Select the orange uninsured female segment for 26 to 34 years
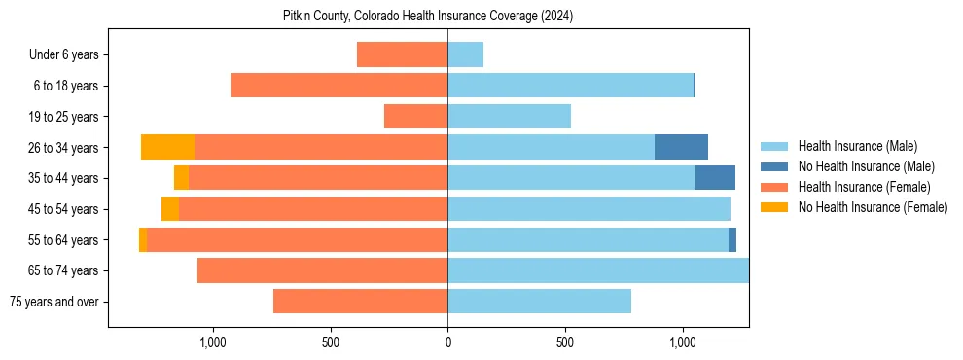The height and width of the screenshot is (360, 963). pos(167,147)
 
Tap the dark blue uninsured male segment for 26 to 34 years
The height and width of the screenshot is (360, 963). pos(681,147)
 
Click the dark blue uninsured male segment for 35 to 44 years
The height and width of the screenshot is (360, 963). pos(715,178)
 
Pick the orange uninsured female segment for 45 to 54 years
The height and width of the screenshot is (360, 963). pos(170,209)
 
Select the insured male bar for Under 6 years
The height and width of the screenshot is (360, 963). pos(465,54)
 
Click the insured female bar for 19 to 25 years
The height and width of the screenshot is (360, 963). pos(415,117)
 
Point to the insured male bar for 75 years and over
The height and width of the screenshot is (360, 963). pos(539,302)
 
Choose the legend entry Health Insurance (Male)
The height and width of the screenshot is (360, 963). pos(857,147)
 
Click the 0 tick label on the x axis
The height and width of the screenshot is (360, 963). pos(447,342)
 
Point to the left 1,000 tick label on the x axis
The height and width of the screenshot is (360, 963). pos(212,342)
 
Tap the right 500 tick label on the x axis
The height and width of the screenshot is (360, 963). pos(565,342)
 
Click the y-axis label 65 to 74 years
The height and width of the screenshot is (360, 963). pos(63,270)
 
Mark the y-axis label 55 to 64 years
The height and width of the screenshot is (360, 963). pos(63,240)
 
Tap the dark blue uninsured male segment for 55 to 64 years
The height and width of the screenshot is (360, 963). pos(732,240)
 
